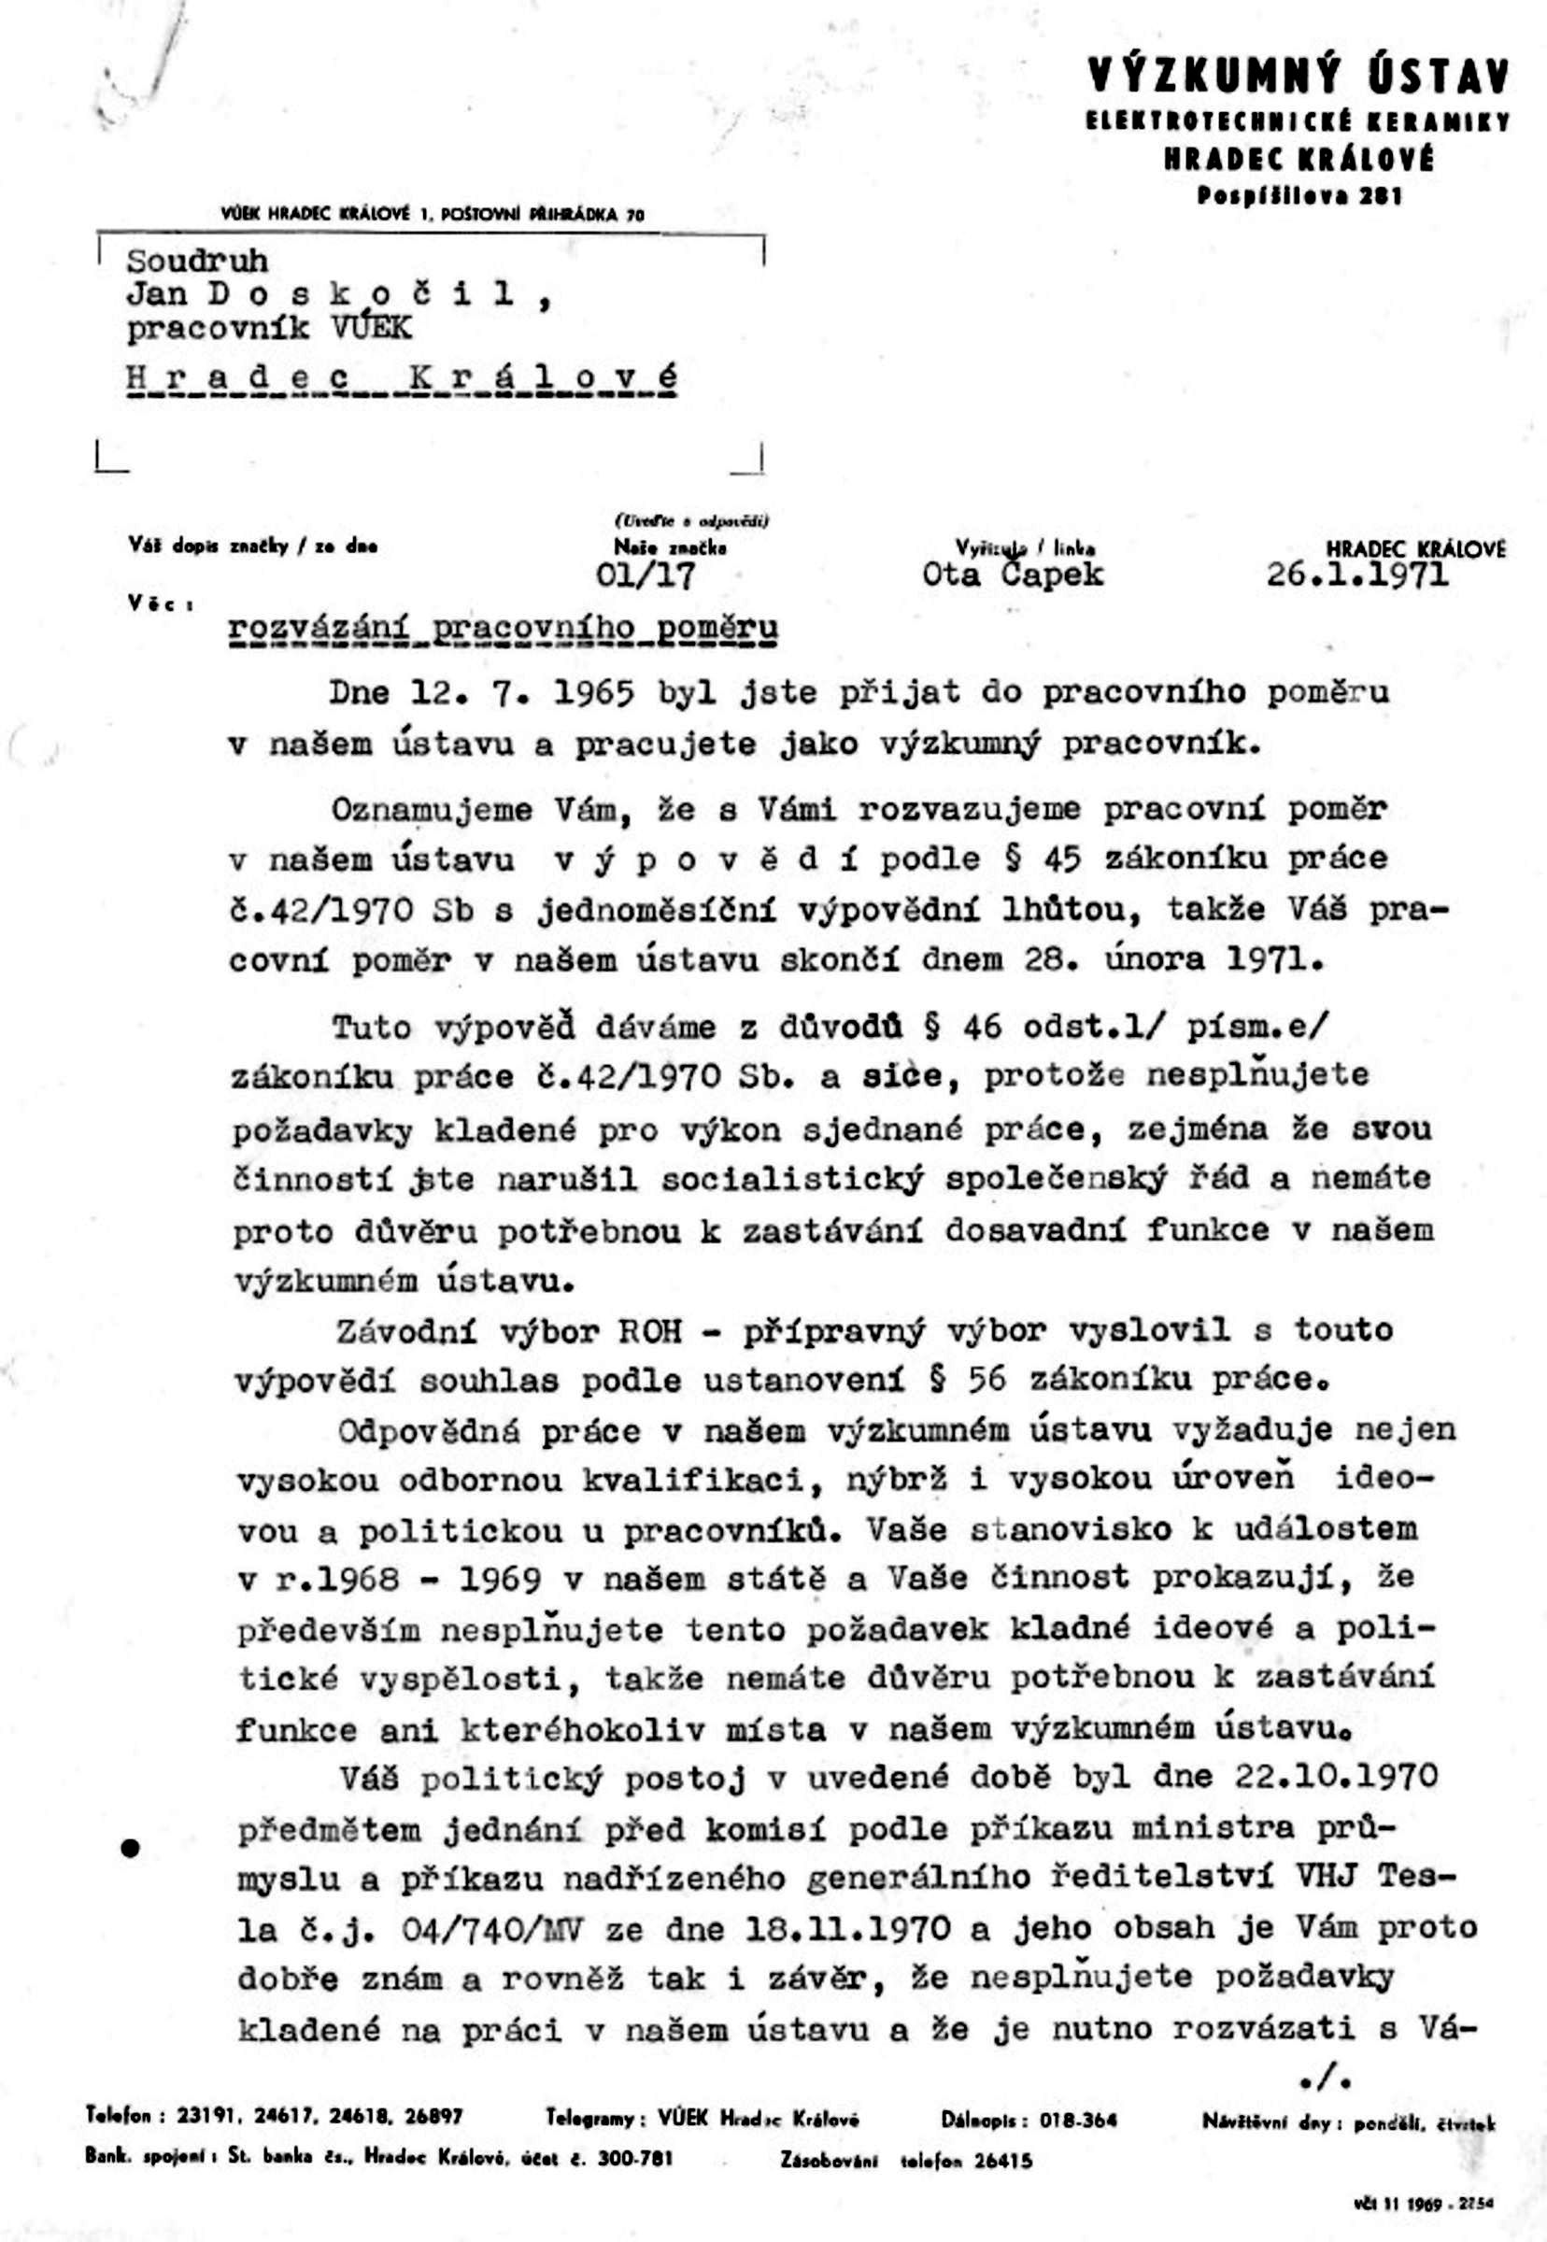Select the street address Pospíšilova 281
click(x=1299, y=196)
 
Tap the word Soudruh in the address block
click(x=197, y=261)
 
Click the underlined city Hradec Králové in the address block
click(x=402, y=378)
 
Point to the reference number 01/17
click(x=646, y=576)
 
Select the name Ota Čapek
click(x=1013, y=575)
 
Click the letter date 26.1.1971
click(x=1358, y=575)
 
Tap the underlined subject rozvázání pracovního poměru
click(x=504, y=630)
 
